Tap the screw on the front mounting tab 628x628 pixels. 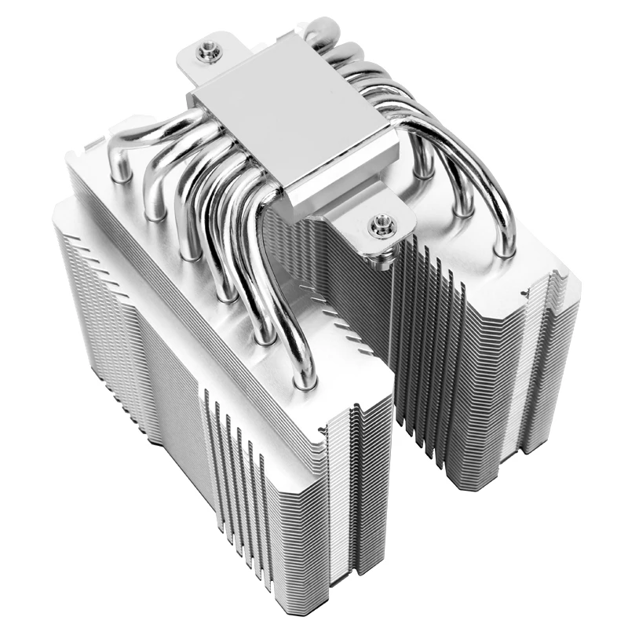tap(382, 225)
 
